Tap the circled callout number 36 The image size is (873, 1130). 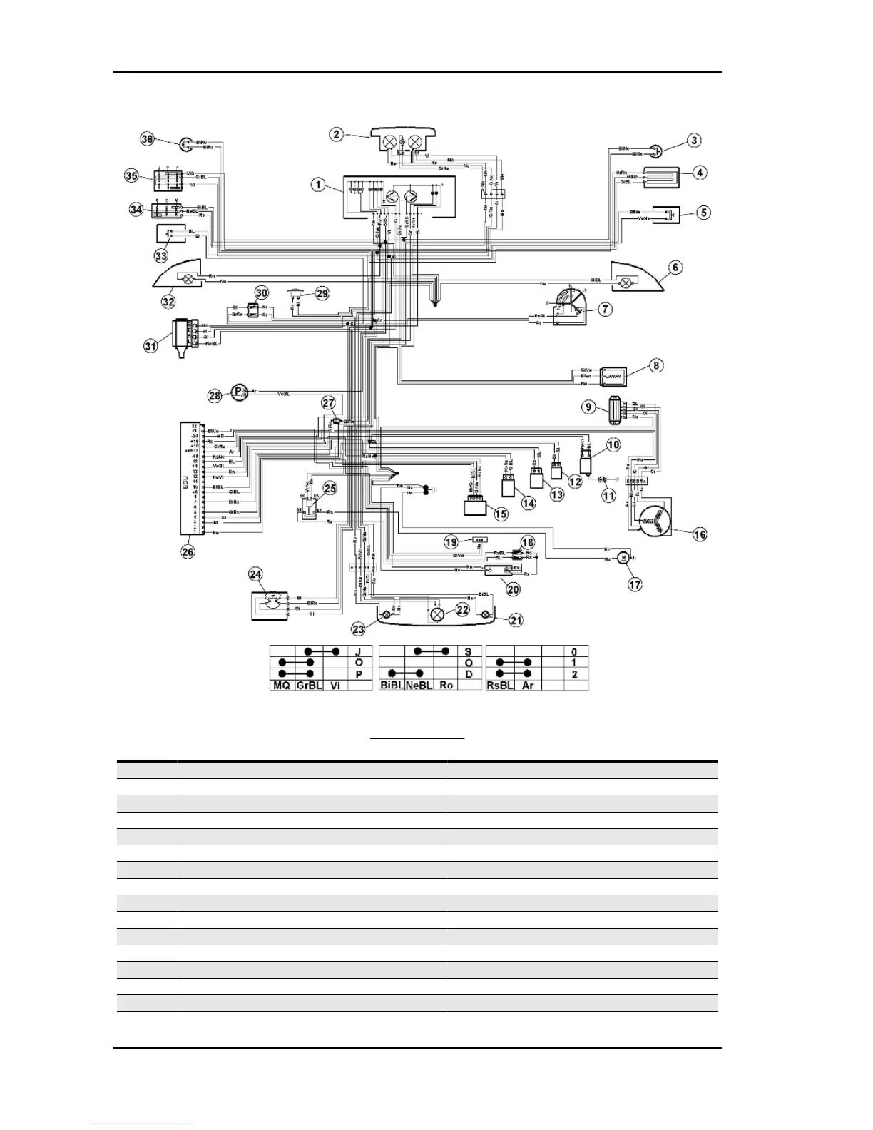148,139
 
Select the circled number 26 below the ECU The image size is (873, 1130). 188,551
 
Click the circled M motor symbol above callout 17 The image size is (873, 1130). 623,558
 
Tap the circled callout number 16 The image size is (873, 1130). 700,534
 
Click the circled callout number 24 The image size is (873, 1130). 256,574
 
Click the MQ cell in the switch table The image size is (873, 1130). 280,685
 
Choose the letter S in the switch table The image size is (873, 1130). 468,651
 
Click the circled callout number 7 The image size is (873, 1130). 605,309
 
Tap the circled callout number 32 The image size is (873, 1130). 168,302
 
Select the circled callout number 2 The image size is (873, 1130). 337,133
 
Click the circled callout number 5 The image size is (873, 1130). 704,212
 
